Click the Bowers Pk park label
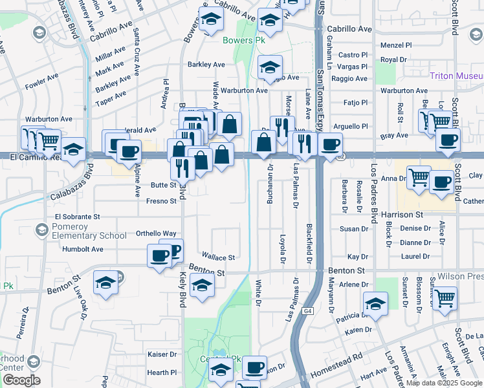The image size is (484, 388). coord(245,40)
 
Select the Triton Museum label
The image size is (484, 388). coord(456,76)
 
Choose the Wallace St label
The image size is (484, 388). coord(218,257)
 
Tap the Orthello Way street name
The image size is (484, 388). coord(156,233)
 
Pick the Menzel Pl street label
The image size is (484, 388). coord(396,45)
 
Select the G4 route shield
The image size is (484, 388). coord(308,311)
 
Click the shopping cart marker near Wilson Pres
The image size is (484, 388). coord(445,298)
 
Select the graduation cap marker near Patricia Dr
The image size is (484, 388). coord(375,303)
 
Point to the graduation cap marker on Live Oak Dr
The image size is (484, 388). coord(106,283)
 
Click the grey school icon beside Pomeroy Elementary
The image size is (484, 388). coord(42,230)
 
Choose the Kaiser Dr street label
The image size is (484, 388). coord(162,354)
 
